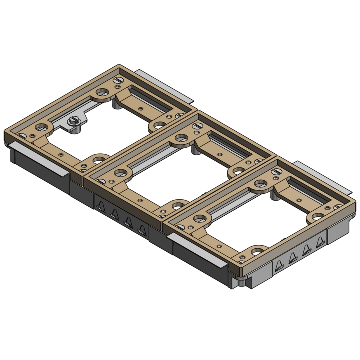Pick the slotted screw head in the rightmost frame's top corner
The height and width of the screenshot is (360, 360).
click(276, 172)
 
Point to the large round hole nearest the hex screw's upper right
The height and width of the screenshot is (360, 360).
click(103, 92)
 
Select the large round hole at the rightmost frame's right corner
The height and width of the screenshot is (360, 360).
click(318, 216)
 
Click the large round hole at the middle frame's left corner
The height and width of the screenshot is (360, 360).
click(120, 172)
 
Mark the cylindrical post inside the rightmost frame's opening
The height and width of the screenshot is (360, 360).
click(275, 196)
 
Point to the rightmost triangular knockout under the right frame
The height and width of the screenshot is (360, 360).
click(319, 243)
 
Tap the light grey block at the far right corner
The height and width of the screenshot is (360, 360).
click(338, 234)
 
